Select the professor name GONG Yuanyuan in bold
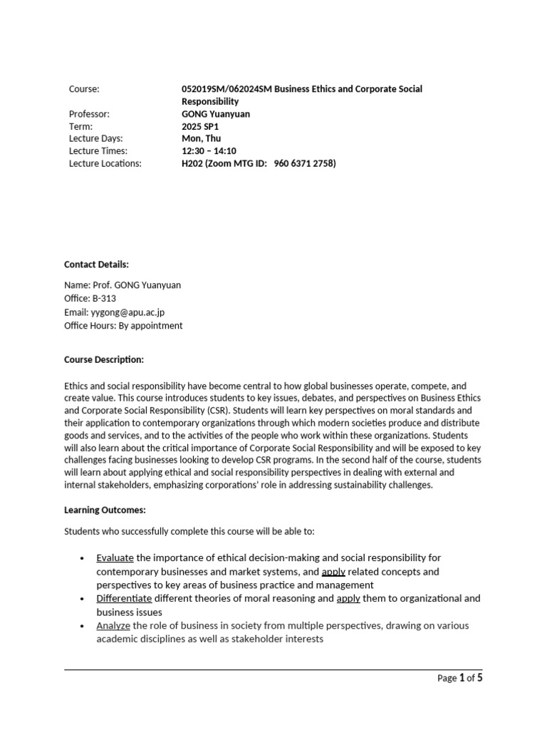217,114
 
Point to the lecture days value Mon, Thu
202,138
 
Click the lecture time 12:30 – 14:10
209,151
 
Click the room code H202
192,163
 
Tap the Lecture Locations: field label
105,163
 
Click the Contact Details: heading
96,264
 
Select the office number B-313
104,299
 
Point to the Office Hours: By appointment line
123,326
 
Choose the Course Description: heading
104,359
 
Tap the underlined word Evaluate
115,557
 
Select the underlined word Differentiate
124,598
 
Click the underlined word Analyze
113,625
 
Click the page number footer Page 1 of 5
459,678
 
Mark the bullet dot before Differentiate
83,599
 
